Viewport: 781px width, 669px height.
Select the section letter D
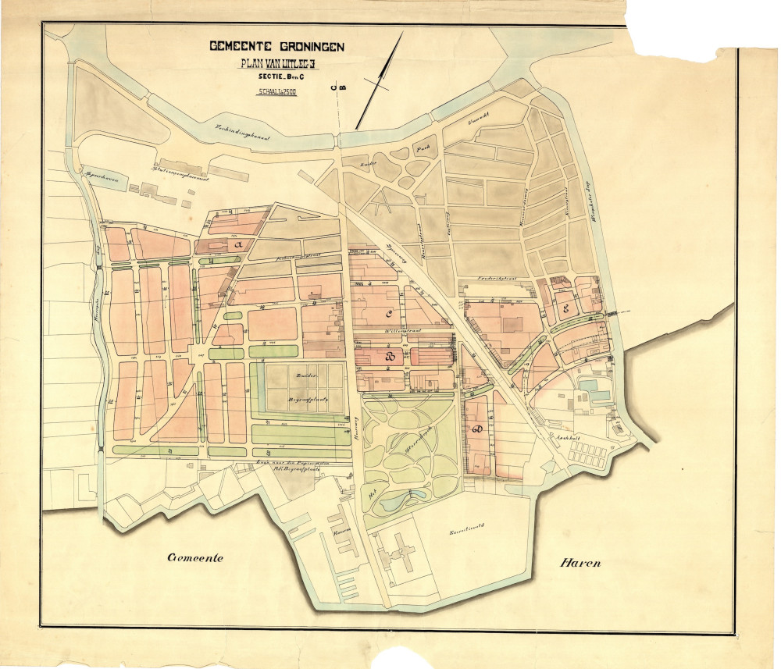click(477, 430)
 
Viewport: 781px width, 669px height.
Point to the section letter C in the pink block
click(388, 314)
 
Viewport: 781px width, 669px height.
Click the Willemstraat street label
click(402, 331)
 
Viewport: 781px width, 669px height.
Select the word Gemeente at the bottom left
click(195, 557)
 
